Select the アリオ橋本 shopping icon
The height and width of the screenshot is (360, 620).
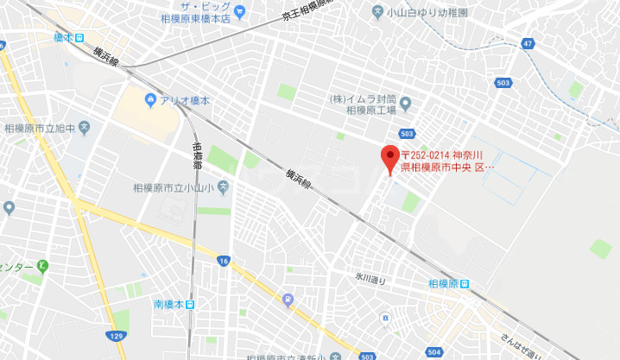(x=152, y=101)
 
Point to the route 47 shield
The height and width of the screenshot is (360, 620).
(x=528, y=42)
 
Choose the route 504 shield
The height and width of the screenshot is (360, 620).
(x=434, y=352)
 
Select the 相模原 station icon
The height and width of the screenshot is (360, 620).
(x=465, y=284)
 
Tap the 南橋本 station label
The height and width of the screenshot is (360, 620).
(x=168, y=304)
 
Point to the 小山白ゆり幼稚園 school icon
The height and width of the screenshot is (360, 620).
(x=377, y=12)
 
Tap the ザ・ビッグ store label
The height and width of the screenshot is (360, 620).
(x=199, y=4)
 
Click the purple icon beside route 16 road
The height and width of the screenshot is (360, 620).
(x=288, y=300)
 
